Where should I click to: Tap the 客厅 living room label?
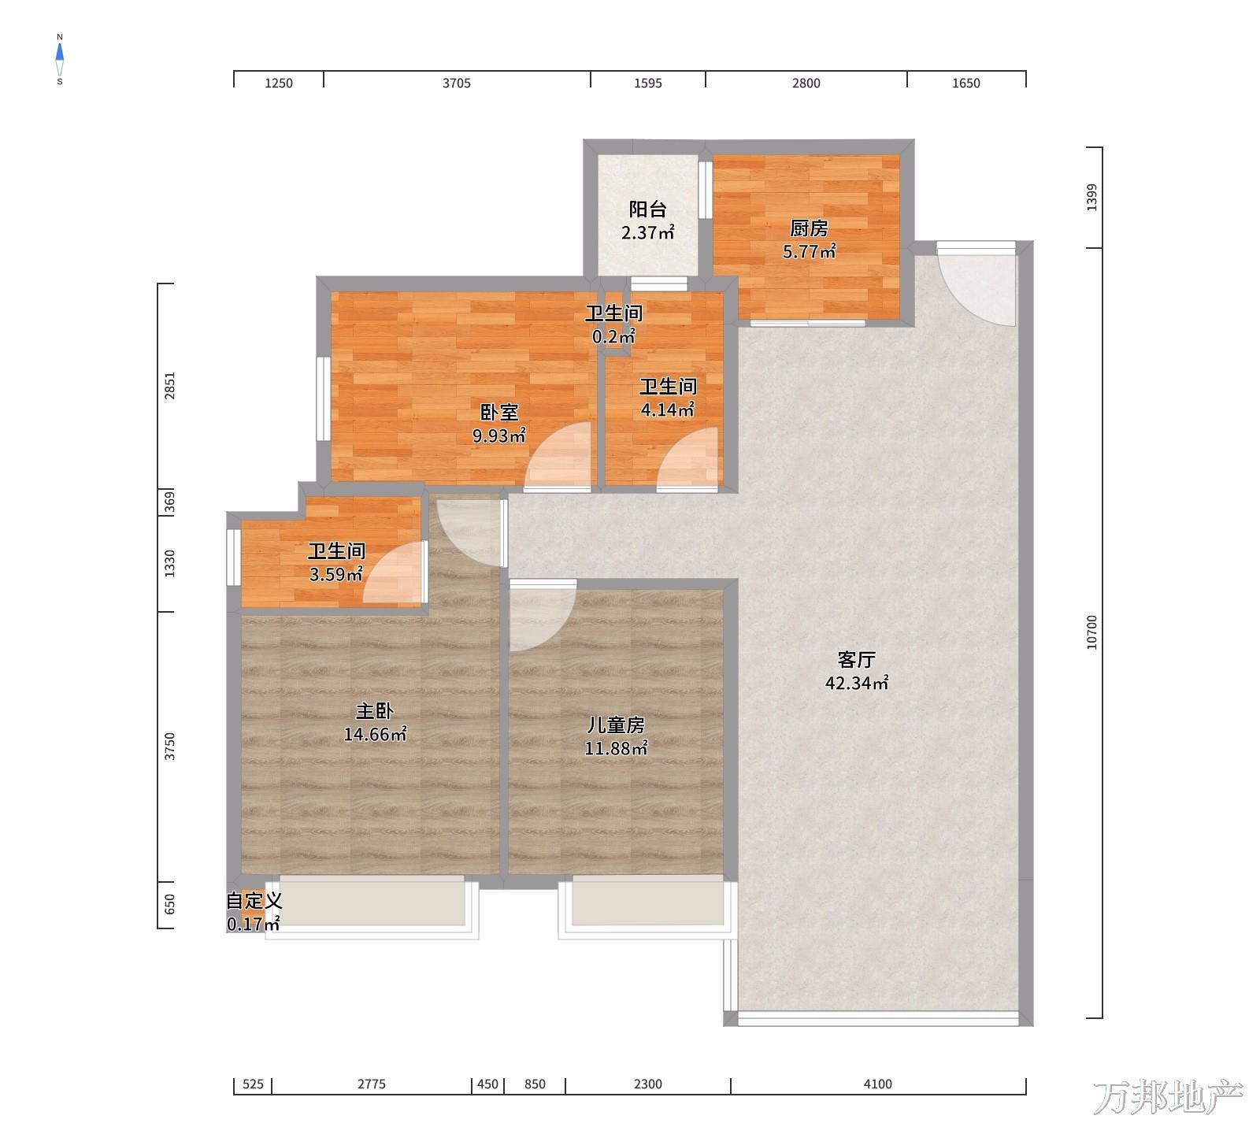coord(857,659)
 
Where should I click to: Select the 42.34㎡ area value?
coord(857,683)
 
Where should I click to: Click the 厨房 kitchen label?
coord(809,228)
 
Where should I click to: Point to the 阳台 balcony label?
coord(647,209)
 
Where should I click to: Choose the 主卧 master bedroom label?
coord(375,711)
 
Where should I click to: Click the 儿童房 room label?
coord(616,724)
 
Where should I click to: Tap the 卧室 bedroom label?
coord(499,412)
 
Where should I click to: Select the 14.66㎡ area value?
coord(375,735)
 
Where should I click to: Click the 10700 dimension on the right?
coord(1091,632)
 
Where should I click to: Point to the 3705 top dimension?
coord(457,83)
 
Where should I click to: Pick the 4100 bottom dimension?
coord(878,1084)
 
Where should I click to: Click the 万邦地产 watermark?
coord(1168,1098)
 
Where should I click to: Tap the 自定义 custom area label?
coord(254,900)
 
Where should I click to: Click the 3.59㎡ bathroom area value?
coord(336,574)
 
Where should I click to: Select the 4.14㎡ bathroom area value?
coord(668,409)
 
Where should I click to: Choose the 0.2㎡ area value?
coord(613,336)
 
